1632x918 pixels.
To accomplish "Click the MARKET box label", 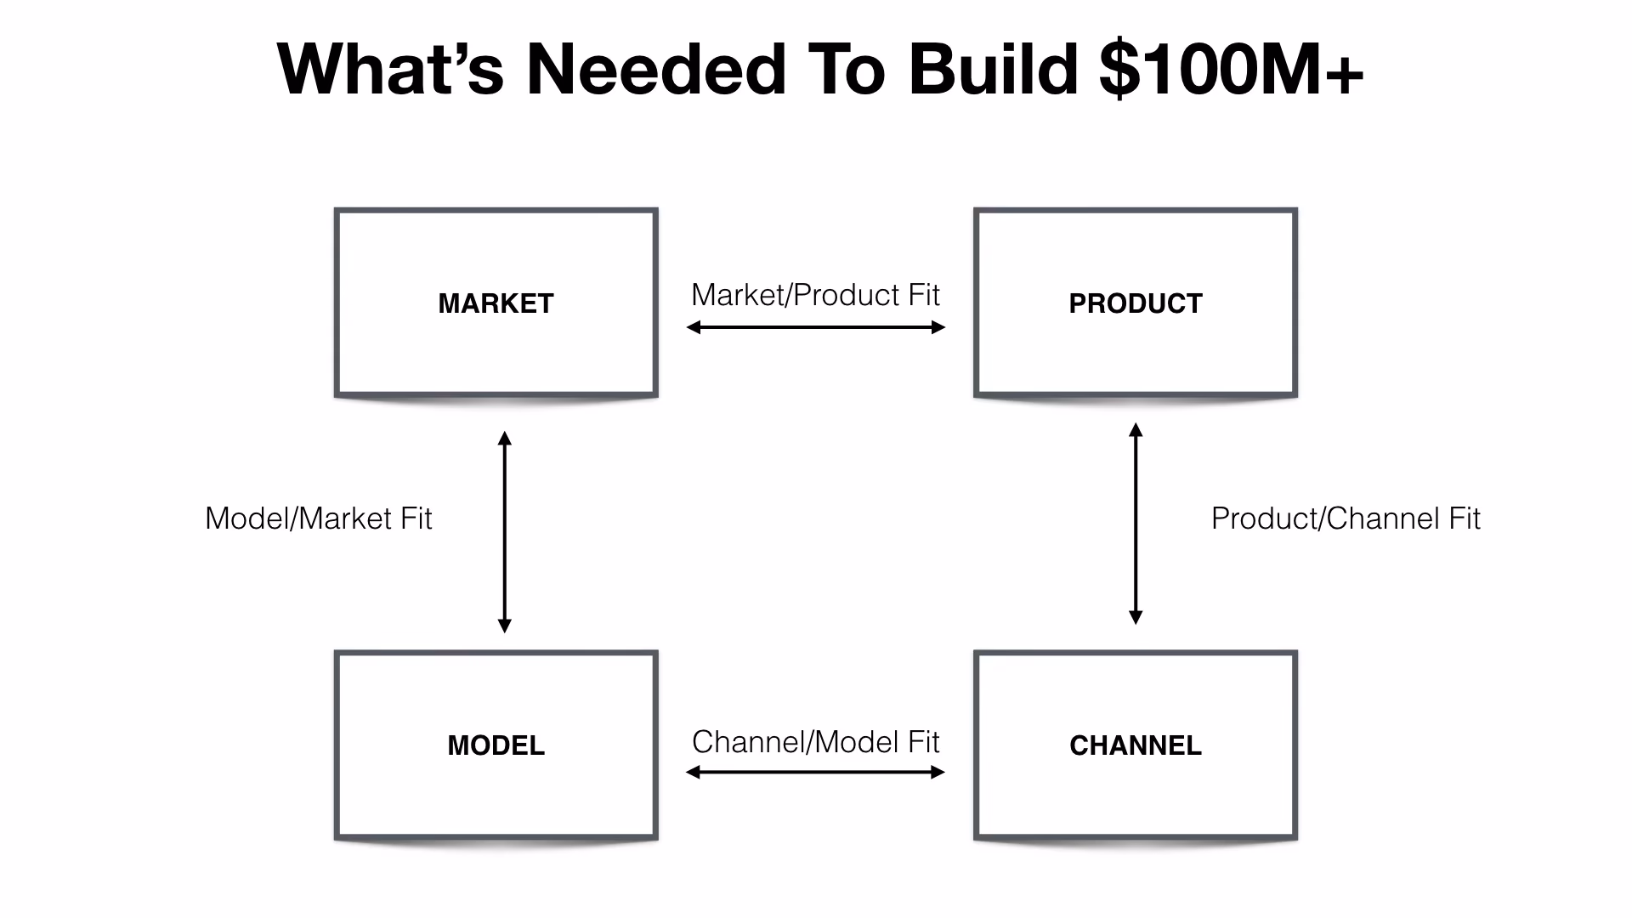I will (496, 303).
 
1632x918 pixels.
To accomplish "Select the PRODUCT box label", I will (1136, 303).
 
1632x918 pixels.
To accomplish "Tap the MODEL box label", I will (496, 745).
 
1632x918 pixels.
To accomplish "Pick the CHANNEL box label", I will (1136, 745).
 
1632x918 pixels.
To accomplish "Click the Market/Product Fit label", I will (815, 295).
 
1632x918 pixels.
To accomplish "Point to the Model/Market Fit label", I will (319, 518).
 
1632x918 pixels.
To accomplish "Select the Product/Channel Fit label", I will (1346, 518).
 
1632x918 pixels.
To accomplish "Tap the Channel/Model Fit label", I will (815, 742).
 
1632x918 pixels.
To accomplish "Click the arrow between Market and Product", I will (816, 327).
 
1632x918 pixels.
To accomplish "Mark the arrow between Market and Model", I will (505, 532).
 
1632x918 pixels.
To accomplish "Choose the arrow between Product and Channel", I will (1136, 524).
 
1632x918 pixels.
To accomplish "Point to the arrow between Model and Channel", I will (816, 772).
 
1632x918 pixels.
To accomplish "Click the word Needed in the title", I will (656, 70).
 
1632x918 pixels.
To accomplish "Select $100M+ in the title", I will (1231, 70).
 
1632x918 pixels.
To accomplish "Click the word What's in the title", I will (390, 70).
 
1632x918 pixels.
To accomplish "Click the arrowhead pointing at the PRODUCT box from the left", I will (938, 327).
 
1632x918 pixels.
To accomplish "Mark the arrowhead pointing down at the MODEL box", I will (505, 626).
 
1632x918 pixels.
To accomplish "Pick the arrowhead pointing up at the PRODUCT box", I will (1136, 430).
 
